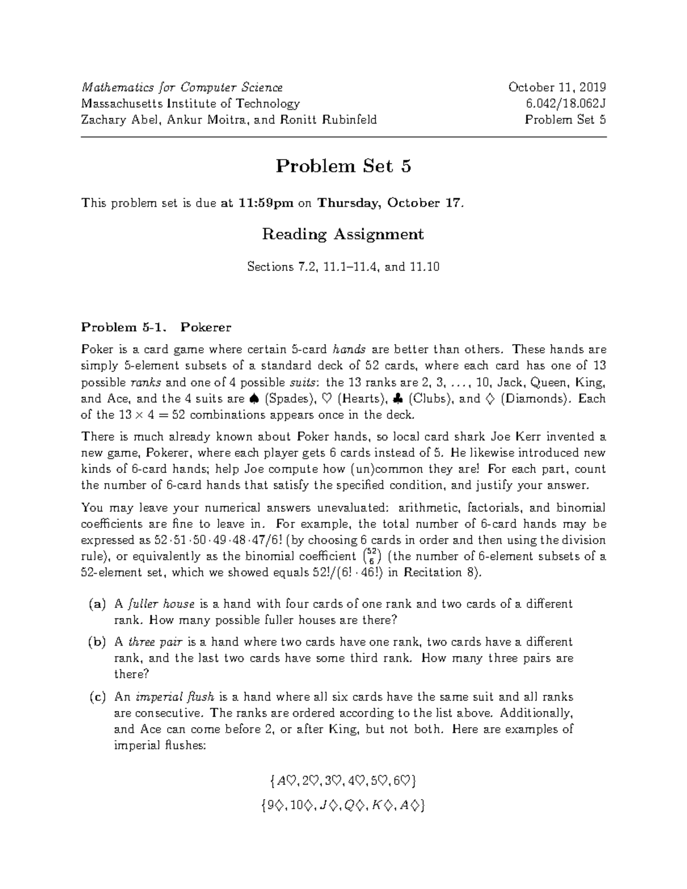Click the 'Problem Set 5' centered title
[x=343, y=167]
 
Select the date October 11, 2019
[x=557, y=88]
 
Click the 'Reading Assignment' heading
[x=343, y=235]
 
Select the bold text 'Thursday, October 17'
[x=388, y=203]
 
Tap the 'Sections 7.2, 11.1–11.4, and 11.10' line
[x=343, y=267]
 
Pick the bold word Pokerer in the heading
[x=206, y=327]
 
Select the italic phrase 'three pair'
[x=153, y=642]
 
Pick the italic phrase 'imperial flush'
[x=175, y=697]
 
